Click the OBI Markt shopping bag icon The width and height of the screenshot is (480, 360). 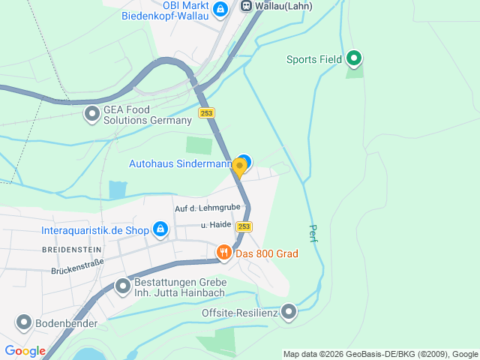pos(220,9)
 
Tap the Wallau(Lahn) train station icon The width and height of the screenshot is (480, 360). pos(246,5)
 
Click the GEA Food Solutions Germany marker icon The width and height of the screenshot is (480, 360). pos(92,114)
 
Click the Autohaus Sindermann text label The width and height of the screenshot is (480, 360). pos(180,163)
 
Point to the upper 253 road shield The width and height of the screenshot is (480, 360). pos(207,113)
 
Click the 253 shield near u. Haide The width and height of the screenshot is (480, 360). pos(244,226)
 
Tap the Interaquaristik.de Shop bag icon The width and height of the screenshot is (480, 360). pos(160,229)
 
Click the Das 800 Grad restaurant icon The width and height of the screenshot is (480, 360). pos(223,253)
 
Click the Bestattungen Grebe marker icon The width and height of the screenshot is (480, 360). pos(123,286)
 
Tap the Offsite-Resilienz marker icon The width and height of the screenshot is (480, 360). pos(289,312)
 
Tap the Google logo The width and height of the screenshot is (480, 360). pos(25,350)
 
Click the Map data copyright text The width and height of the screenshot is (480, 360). pos(380,354)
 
